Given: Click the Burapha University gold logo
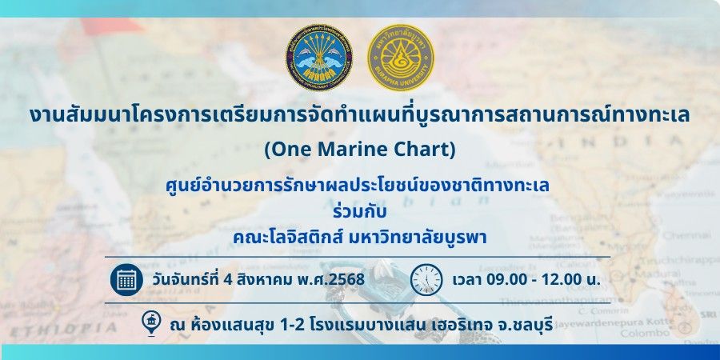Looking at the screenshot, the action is pyautogui.click(x=401, y=58).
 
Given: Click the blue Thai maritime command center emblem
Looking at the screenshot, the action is pyautogui.click(x=319, y=58).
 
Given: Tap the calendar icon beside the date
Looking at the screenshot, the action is pyautogui.click(x=126, y=279).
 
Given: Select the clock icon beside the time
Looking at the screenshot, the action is pyautogui.click(x=426, y=279).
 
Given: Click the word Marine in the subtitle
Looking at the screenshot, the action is pyautogui.click(x=340, y=150).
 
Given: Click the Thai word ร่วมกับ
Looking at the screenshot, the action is pyautogui.click(x=359, y=213).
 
